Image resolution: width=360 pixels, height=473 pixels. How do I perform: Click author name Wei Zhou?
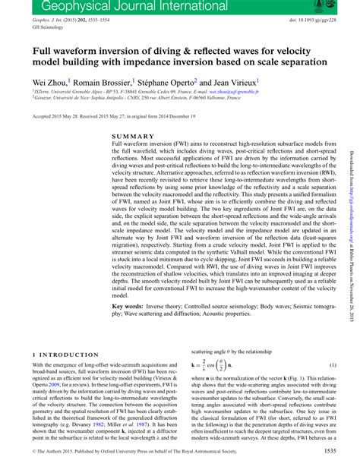[49, 80]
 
